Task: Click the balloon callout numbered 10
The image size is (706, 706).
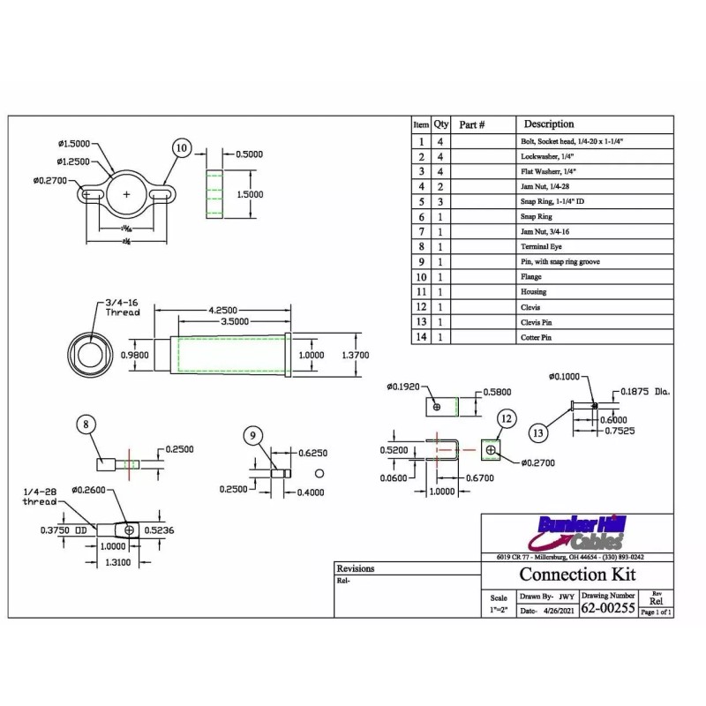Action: pos(182,148)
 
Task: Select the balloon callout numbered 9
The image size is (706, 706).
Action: pos(252,434)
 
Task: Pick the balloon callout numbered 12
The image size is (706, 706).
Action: pos(506,418)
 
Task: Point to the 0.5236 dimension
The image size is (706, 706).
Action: pos(161,530)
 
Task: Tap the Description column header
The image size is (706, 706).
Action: pos(549,124)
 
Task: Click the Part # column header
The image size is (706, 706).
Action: pos(473,125)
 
